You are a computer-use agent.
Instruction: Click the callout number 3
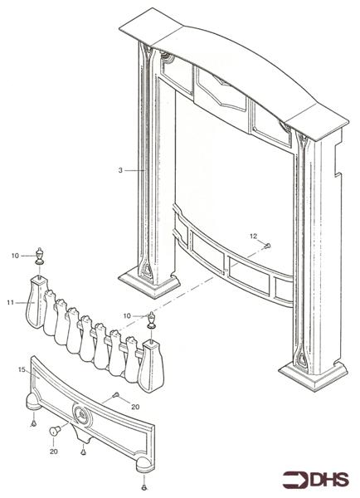tap(120, 170)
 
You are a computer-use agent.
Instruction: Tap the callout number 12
tap(253, 236)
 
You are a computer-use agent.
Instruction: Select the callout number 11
tap(11, 302)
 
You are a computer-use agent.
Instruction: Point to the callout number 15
tap(22, 369)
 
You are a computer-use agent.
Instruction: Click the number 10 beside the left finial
tap(16, 256)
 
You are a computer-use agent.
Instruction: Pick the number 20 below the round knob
tap(54, 452)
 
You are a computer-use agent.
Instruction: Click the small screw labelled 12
tap(267, 245)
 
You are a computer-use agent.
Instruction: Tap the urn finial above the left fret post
tap(39, 256)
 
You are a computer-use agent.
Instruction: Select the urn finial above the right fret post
tap(152, 320)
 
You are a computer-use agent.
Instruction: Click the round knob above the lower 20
tap(55, 431)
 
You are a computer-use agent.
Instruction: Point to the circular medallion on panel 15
tap(82, 414)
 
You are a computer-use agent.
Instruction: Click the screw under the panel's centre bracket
tap(83, 452)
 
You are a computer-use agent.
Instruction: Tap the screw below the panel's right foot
tap(144, 487)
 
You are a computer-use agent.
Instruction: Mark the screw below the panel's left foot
tap(33, 422)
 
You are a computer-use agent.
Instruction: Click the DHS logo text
tap(330, 480)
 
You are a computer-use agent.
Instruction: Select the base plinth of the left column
tap(148, 283)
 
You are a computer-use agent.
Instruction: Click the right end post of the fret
tap(151, 366)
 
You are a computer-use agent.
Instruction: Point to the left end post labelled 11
tap(36, 302)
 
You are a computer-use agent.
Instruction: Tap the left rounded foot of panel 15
tap(34, 401)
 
